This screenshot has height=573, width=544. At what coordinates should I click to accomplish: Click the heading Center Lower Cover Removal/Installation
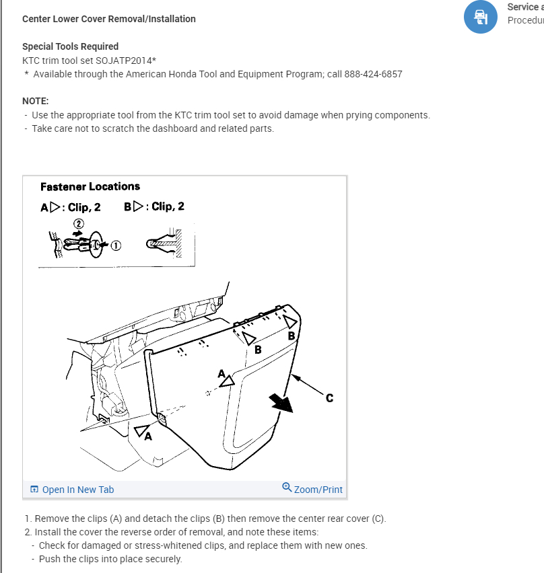(108, 19)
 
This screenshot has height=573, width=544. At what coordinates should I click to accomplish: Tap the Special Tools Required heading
(70, 46)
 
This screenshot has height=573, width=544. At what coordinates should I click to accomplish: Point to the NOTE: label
(35, 100)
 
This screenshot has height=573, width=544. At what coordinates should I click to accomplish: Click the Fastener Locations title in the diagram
(90, 186)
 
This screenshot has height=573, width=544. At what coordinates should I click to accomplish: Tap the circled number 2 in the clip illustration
(78, 223)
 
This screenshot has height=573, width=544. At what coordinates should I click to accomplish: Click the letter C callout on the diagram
(329, 398)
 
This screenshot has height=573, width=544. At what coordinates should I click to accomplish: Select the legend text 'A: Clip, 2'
(71, 207)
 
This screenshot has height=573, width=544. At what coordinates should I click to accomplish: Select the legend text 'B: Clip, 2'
(154, 206)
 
